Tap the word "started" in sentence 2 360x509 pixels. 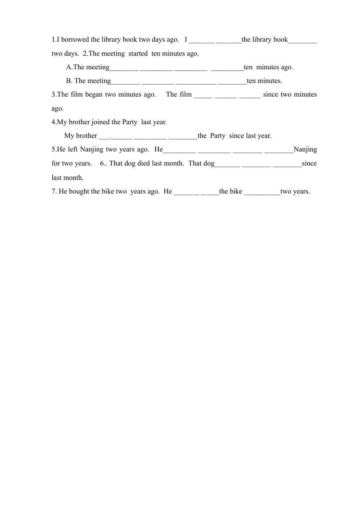click(x=138, y=53)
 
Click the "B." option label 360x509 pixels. click(x=69, y=81)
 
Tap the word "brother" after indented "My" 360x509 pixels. click(x=86, y=136)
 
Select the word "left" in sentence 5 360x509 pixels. click(x=73, y=149)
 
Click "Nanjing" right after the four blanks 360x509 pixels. click(x=305, y=149)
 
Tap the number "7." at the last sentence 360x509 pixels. click(x=54, y=191)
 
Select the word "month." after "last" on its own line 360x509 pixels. click(x=75, y=178)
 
